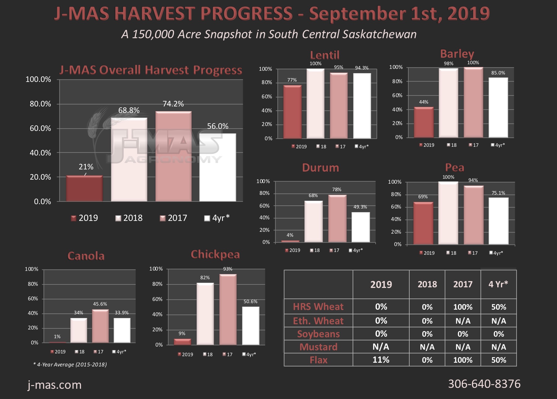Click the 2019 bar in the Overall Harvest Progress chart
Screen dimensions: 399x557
click(84, 188)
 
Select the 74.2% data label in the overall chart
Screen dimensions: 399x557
click(173, 104)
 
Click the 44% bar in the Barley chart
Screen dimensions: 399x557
click(424, 122)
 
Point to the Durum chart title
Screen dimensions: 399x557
click(320, 168)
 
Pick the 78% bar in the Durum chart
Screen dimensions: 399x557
click(337, 219)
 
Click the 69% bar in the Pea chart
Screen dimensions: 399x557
click(423, 223)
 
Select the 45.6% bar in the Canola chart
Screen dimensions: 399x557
click(100, 326)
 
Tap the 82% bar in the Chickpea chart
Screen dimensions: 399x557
click(205, 314)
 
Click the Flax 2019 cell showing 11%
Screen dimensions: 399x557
click(381, 360)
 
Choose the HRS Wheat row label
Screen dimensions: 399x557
click(318, 307)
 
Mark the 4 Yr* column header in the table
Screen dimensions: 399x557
click(498, 284)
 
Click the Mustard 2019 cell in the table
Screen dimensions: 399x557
click(381, 347)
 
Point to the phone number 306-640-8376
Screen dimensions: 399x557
click(484, 384)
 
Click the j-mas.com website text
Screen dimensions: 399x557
click(54, 385)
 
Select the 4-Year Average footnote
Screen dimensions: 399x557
click(70, 365)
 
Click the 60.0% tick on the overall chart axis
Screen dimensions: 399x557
click(40, 128)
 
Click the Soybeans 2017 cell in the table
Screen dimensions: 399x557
click(463, 334)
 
